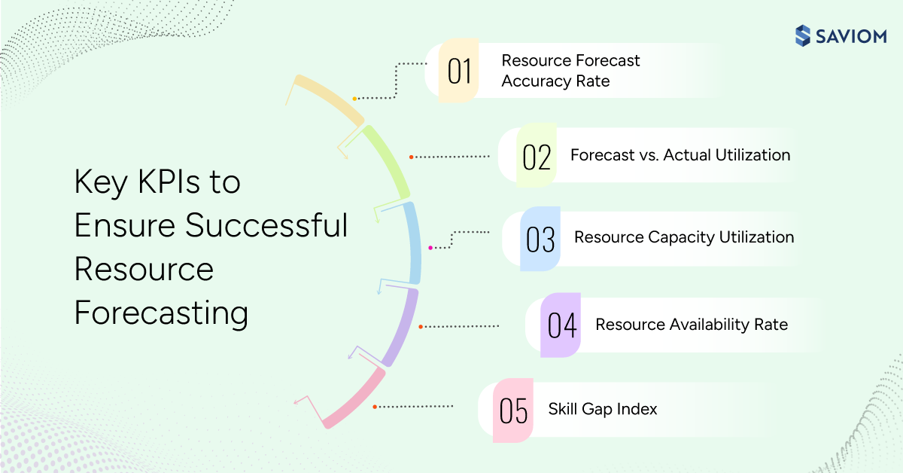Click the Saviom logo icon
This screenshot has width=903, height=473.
[x=803, y=35]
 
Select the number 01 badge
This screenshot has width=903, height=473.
[x=459, y=72]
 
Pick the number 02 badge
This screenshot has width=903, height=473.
[x=537, y=156]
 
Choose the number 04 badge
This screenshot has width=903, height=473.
[x=561, y=325]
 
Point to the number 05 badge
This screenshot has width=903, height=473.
[x=513, y=410]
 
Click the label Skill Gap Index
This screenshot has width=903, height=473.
[x=602, y=409]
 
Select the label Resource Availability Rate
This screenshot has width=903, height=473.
[x=691, y=325]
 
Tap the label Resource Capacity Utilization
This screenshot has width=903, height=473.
[x=683, y=237]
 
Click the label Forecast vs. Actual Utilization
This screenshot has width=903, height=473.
[x=680, y=155]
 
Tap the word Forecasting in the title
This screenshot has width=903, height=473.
[x=161, y=313]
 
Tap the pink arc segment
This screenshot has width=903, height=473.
[x=354, y=398]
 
